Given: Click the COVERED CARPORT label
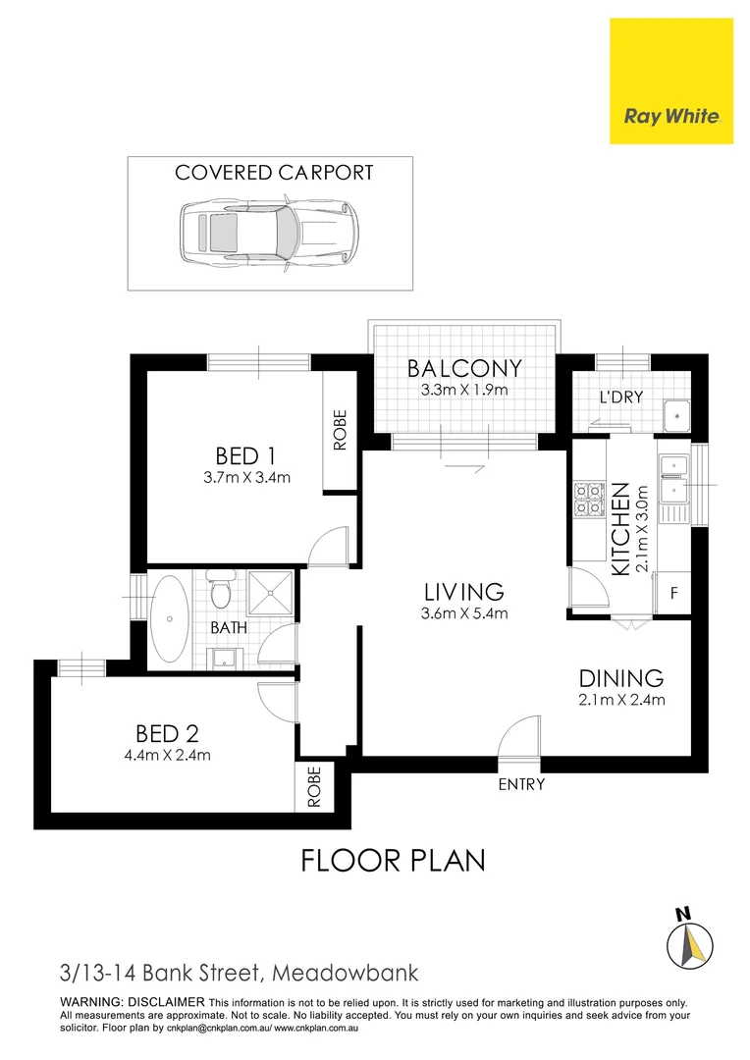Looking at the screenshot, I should (274, 173).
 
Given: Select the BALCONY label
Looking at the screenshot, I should (464, 369).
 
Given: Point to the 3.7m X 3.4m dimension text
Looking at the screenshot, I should (244, 478).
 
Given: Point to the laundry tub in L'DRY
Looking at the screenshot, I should (675, 415).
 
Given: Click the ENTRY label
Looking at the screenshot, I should (520, 784).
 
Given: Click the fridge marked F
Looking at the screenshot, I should (673, 593).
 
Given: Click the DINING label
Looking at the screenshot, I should (620, 677).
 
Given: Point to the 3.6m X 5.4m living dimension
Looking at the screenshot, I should (463, 614).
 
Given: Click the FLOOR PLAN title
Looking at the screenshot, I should (393, 861).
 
